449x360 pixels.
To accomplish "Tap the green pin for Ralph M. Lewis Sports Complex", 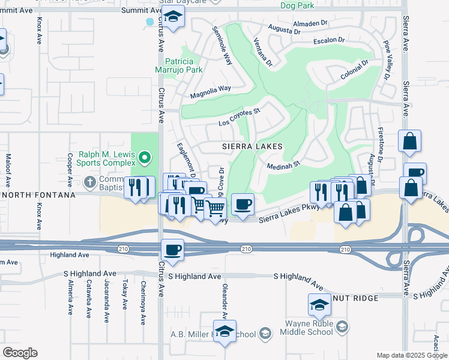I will click(144, 158).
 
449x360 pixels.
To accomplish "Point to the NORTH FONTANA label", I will click(38, 195).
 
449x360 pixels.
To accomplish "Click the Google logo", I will click(20, 352).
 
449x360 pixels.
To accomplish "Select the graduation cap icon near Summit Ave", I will click(173, 19).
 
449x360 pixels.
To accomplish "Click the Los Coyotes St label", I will click(239, 117).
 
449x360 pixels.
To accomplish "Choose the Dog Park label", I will click(297, 5).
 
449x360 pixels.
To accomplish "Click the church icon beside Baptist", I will click(89, 182).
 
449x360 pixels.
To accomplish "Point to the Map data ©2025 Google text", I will click(412, 355).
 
